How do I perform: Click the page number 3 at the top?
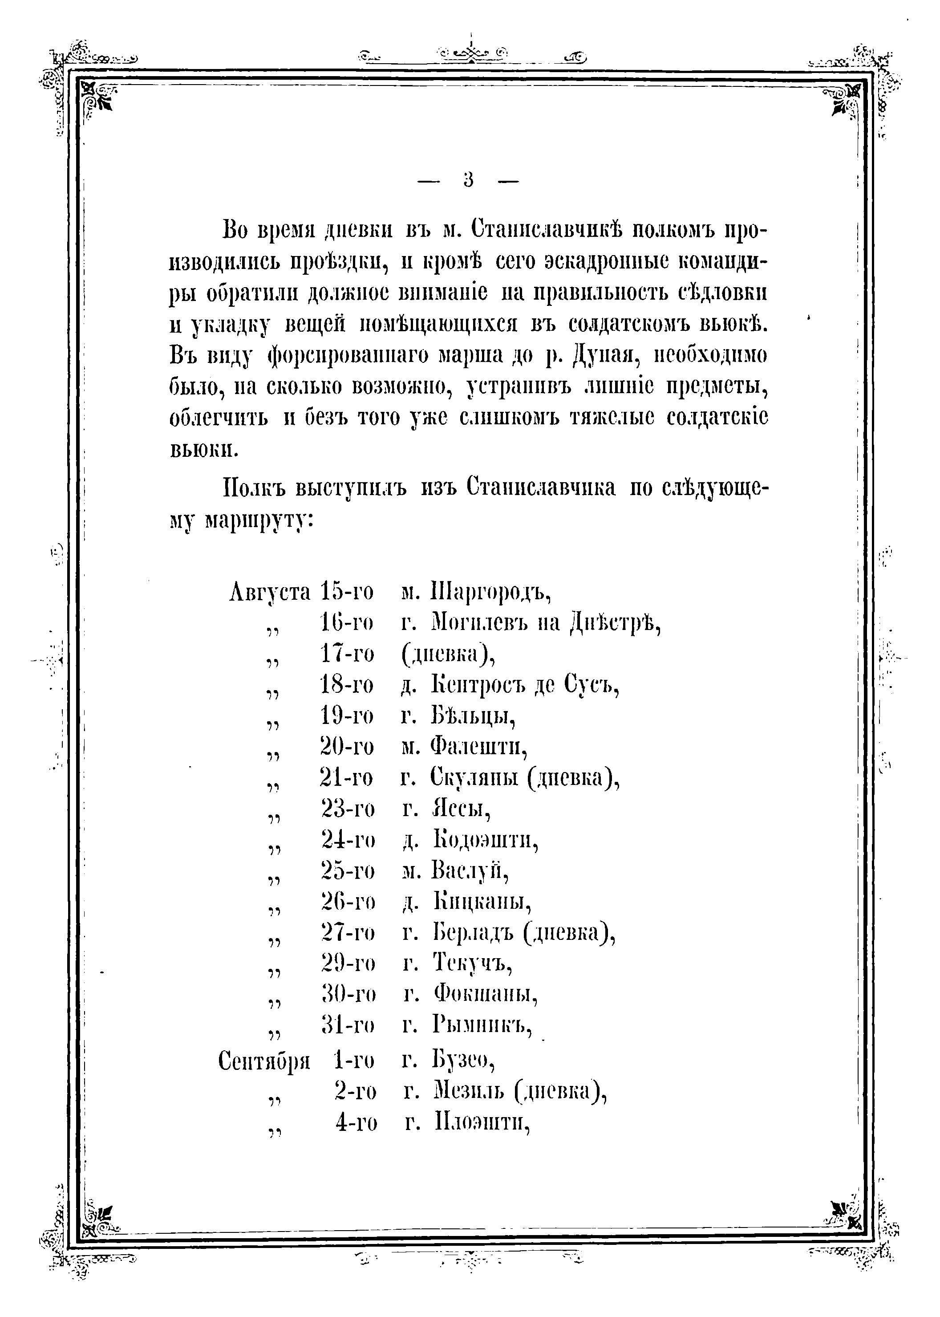(x=468, y=181)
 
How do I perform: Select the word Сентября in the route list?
(x=264, y=1061)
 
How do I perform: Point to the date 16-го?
(x=347, y=623)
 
